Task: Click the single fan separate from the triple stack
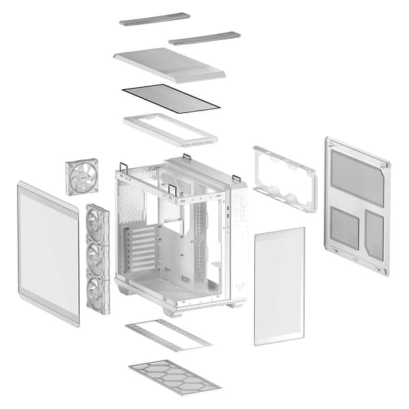tap(82, 177)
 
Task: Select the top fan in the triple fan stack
tap(96, 225)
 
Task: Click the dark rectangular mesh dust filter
tap(170, 98)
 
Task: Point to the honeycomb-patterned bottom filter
tap(175, 376)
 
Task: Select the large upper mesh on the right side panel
tap(357, 177)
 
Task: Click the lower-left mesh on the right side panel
tap(344, 228)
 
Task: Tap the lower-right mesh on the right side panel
tap(374, 234)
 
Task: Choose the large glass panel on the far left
tap(48, 252)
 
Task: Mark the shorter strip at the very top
tap(204, 37)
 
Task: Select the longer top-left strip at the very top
tap(155, 18)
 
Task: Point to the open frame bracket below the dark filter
tap(170, 129)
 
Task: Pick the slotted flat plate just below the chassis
tap(168, 334)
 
